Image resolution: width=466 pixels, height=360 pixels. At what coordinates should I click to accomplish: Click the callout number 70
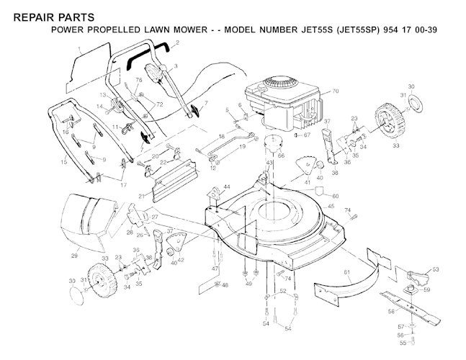[334, 92]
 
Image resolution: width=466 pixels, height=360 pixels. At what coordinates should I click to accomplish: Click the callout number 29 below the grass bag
[74, 256]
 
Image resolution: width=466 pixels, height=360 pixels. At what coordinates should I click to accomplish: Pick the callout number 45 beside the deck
[331, 207]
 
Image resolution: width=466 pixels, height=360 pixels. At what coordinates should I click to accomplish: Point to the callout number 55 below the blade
[403, 343]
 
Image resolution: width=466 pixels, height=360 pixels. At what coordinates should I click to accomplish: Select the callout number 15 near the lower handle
[63, 163]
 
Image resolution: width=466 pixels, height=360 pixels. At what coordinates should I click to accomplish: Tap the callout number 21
[143, 196]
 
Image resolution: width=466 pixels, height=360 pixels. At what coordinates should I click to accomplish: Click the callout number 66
[281, 155]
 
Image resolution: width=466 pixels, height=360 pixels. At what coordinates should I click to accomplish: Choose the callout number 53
[435, 270]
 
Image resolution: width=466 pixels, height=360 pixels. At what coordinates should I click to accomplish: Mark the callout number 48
[225, 286]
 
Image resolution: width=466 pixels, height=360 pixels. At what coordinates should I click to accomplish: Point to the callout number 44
[227, 187]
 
